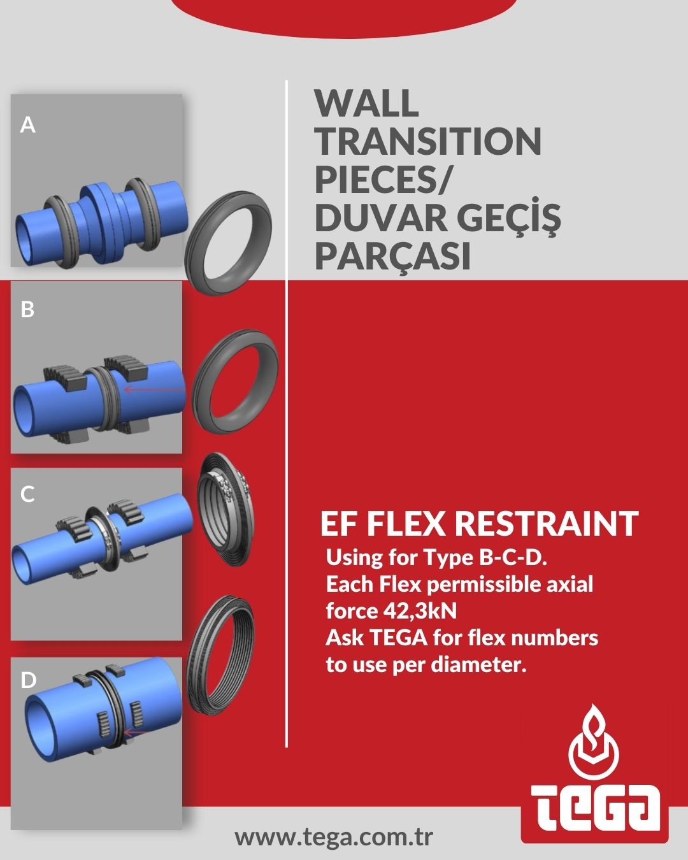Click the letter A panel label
pyautogui.click(x=27, y=125)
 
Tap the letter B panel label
pyautogui.click(x=27, y=310)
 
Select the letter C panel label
pyautogui.click(x=27, y=494)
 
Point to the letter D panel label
pyautogui.click(x=29, y=680)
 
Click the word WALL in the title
pyautogui.click(x=366, y=103)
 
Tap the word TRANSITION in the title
pyautogui.click(x=428, y=141)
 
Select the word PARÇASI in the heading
pyautogui.click(x=392, y=256)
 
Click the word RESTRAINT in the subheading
pyautogui.click(x=547, y=524)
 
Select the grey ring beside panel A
pyautogui.click(x=228, y=243)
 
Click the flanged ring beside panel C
pyautogui.click(x=226, y=509)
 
